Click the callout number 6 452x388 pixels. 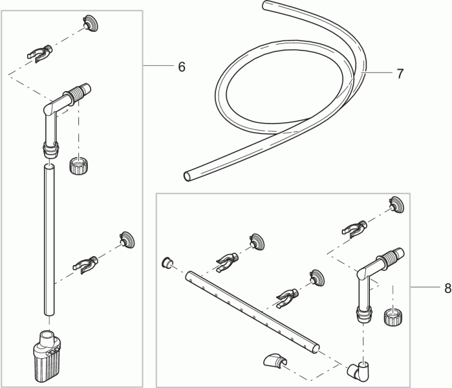click(x=182, y=67)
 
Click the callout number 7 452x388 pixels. click(x=400, y=74)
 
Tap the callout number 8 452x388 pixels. click(x=447, y=288)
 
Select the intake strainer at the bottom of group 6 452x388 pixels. click(x=48, y=356)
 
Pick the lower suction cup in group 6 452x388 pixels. click(x=127, y=239)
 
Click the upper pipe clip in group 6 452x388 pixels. click(x=40, y=53)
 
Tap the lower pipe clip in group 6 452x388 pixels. click(x=85, y=264)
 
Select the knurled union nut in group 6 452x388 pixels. click(x=78, y=166)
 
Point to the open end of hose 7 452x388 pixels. click(x=188, y=176)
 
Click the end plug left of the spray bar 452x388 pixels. click(x=167, y=263)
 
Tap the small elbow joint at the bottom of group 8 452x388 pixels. click(x=359, y=371)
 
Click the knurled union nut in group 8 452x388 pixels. click(x=392, y=317)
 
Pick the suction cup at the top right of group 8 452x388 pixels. click(x=396, y=204)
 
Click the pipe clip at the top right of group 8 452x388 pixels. click(x=354, y=228)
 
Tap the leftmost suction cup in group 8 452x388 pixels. click(x=257, y=242)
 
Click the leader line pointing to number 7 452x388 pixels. click(x=376, y=73)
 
